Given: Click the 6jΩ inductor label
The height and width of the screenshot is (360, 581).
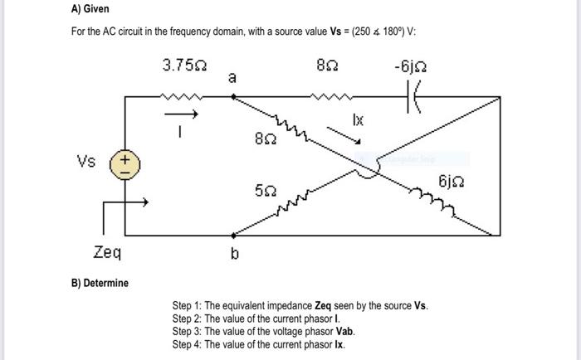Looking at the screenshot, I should [451, 181].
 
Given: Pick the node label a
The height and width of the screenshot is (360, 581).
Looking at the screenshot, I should [232, 79].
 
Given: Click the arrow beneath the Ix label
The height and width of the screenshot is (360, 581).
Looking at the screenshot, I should [349, 134].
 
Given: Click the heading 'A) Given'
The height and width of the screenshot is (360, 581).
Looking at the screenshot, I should [90, 10].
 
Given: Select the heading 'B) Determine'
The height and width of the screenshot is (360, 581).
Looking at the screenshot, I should [99, 284].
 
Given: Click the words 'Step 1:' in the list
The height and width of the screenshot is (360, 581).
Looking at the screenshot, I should [187, 305].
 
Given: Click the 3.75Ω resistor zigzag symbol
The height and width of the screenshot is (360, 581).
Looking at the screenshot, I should [182, 97].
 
